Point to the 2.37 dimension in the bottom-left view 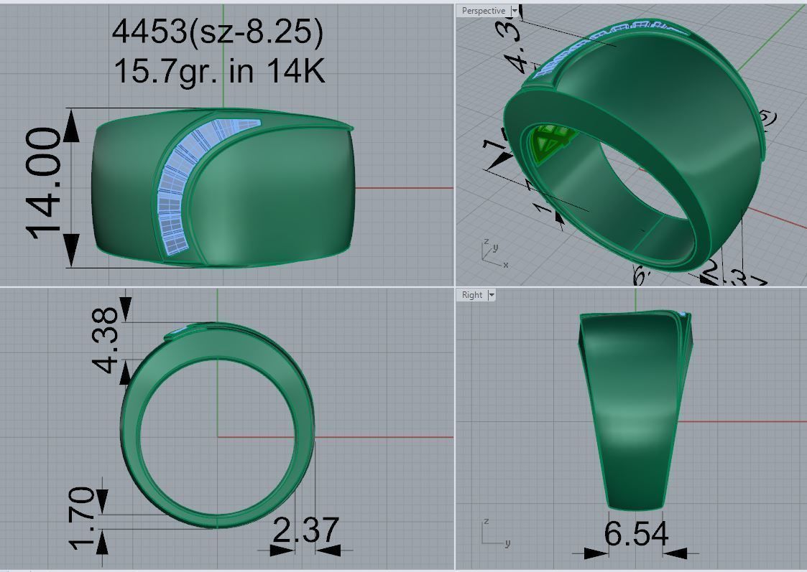[305, 530]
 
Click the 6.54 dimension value [636, 534]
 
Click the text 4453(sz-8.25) [218, 32]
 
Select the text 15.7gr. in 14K [219, 70]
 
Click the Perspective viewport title [483, 11]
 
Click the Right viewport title [472, 295]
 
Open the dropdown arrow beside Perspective [515, 11]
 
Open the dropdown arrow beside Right [492, 295]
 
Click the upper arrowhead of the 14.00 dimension [71, 126]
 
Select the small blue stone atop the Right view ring [682, 315]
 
